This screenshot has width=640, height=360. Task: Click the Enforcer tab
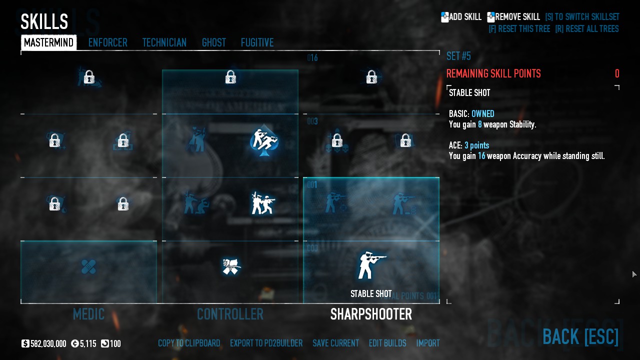pos(107,43)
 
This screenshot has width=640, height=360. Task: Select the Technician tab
pos(164,43)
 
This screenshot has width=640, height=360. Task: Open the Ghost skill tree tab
pos(213,43)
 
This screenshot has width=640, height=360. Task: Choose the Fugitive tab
pos(257,43)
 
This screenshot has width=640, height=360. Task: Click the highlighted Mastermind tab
pos(48,43)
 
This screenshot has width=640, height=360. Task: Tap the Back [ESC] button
pos(580,337)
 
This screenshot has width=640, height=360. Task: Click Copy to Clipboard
pos(189,343)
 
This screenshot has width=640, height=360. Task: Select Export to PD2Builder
pos(266,343)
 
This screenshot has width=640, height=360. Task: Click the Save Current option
pos(335,343)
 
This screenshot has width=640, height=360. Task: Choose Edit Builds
pos(387,343)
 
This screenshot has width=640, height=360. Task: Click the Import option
pos(428,343)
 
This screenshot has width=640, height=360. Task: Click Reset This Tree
pos(519,29)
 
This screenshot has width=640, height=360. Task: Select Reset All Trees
pos(586,29)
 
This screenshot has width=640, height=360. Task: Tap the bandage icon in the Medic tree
pos(88,267)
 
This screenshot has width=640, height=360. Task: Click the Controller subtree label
pos(230,314)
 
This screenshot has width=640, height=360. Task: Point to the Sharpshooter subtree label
pos(371,314)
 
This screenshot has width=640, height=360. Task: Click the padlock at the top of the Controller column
pos(230,77)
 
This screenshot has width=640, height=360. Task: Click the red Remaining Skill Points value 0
pos(617,74)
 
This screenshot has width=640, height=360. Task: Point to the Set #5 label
pos(458,56)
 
